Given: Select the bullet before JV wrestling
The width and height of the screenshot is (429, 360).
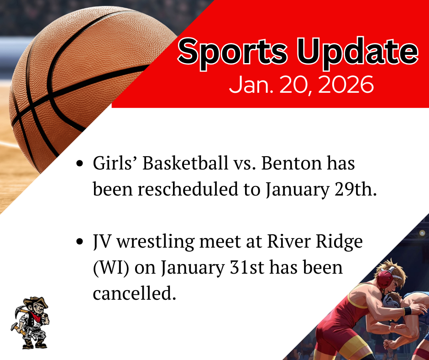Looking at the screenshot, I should point(80,242).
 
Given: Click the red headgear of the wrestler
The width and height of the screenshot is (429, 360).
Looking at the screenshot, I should point(386,279).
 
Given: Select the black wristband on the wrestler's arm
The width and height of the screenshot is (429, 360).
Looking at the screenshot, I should point(407,311).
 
